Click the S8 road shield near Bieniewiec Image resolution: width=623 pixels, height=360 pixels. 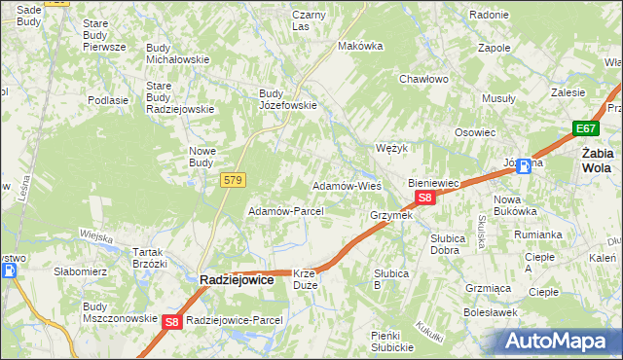tap(424, 198)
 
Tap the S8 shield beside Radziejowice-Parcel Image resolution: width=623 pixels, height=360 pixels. tap(172, 321)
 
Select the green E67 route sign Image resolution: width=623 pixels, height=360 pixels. tap(584, 128)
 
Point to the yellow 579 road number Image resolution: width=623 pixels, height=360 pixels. tap(233, 180)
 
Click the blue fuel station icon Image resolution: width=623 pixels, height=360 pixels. tap(525, 165)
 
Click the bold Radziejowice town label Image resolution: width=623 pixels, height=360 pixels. tap(240, 279)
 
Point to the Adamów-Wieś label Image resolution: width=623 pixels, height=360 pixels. tap(346, 185)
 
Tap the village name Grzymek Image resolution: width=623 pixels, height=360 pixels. tap(391, 215)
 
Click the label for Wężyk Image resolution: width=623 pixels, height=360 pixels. tap(390, 148)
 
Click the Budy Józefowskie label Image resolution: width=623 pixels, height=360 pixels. tap(287, 99)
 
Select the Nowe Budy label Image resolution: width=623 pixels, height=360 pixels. tap(207, 157)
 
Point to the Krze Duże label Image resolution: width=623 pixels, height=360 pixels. tap(306, 280)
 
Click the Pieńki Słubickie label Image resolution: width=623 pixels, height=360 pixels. tap(392, 342)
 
